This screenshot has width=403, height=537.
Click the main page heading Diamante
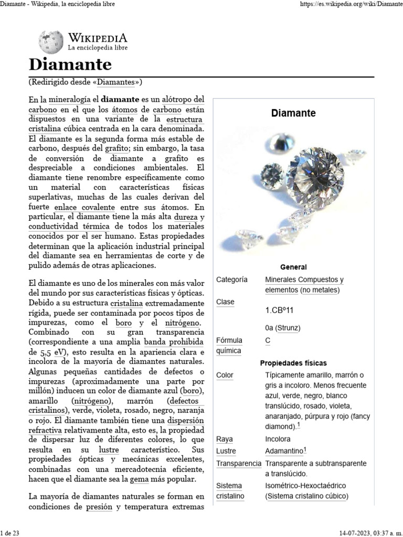(70, 65)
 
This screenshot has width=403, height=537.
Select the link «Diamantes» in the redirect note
(118, 82)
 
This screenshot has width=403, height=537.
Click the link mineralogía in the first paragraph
(69, 99)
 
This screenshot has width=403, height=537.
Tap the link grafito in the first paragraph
(116, 148)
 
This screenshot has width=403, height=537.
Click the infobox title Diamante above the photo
(293, 113)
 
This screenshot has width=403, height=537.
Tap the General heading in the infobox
(293, 267)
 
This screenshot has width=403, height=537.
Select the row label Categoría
(231, 280)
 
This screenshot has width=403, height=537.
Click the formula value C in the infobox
(268, 340)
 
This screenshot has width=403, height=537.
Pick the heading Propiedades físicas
(293, 363)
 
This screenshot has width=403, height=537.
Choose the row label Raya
(225, 439)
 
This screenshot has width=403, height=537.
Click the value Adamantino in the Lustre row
(284, 451)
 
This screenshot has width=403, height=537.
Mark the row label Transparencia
(238, 464)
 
